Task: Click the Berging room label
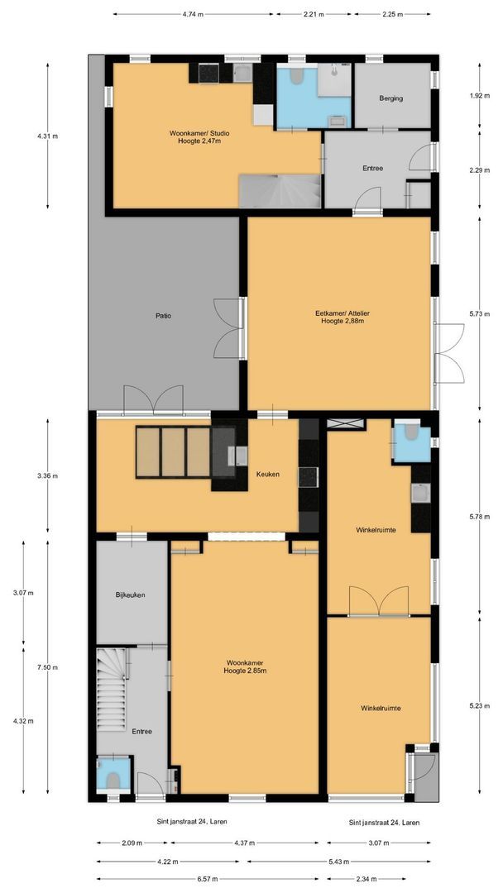pos(391,98)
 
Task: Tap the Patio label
pos(163,316)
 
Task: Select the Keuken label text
pos(267,475)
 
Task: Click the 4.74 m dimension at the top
pos(194,14)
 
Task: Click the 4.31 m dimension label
pos(47,136)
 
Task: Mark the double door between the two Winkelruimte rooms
pos(377,601)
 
